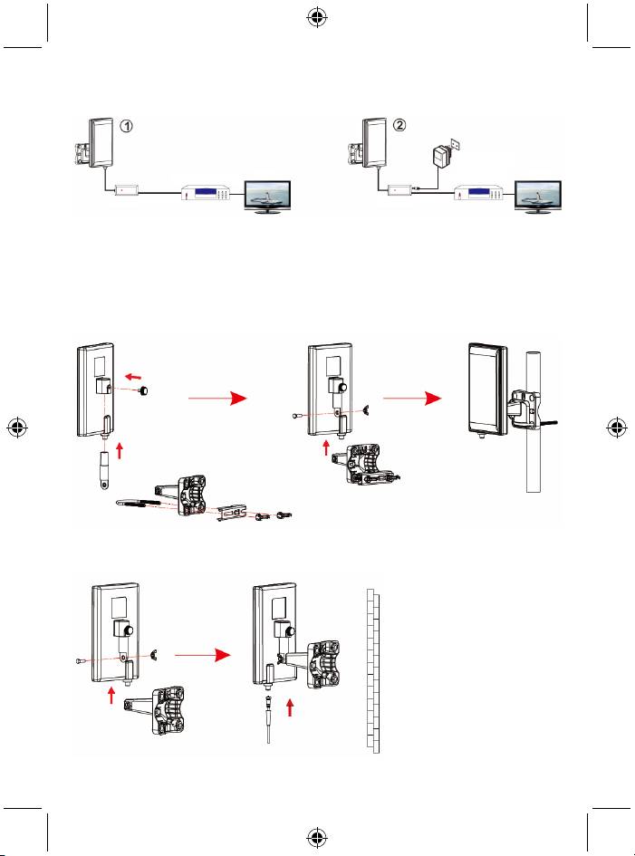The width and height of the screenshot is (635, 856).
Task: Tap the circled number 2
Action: click(x=400, y=127)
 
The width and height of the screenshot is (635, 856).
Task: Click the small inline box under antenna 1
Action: click(x=125, y=189)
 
